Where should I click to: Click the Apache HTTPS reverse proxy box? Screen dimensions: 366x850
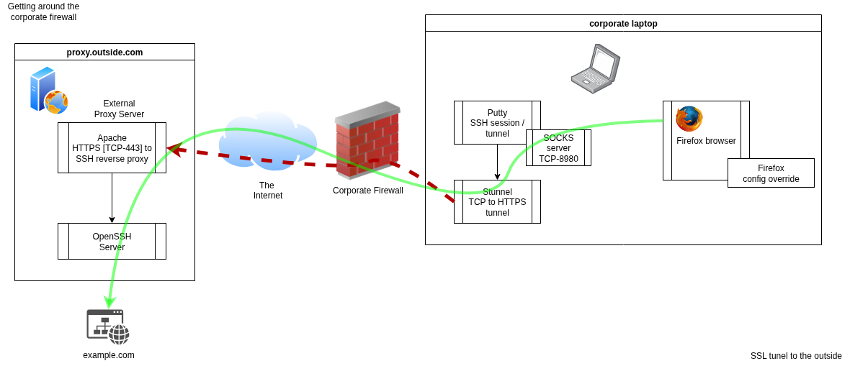[x=112, y=148]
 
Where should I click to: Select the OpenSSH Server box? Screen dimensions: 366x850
[x=112, y=242]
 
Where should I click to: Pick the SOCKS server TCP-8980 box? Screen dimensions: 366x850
[x=558, y=148]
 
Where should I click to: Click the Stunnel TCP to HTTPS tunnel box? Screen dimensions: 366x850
[x=497, y=202]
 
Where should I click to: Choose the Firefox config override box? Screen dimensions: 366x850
[x=771, y=173]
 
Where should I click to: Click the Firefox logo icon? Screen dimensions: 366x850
[x=689, y=119]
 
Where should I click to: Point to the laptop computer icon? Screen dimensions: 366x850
[x=596, y=69]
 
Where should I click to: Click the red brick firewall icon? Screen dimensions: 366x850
[x=367, y=139]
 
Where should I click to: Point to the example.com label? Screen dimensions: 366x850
[x=108, y=355]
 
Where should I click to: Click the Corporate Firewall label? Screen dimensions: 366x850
[x=367, y=191]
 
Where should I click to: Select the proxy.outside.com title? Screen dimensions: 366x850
[x=104, y=52]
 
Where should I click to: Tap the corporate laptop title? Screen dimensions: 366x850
[x=623, y=24]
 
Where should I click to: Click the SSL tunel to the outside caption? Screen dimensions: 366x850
[x=796, y=356]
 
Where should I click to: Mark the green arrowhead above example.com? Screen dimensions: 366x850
[x=109, y=301]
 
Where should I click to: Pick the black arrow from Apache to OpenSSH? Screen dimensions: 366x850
[x=112, y=198]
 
